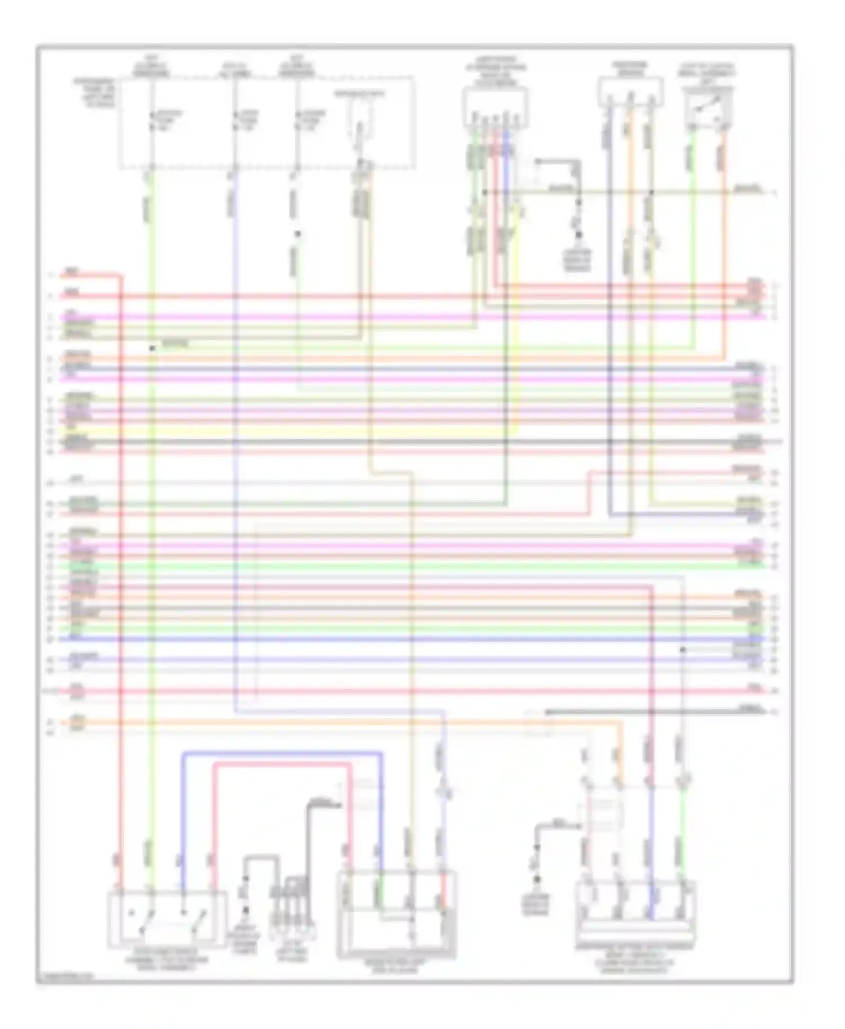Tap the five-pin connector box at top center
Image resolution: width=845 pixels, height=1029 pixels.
[x=495, y=106]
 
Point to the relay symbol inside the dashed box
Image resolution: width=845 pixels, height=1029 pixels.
[x=359, y=121]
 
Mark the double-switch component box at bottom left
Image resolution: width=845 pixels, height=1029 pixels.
[x=167, y=918]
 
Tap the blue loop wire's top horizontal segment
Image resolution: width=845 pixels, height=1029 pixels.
[x=282, y=752]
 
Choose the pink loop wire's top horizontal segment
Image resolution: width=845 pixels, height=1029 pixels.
[x=282, y=764]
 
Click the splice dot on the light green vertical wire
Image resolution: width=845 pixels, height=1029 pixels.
[x=152, y=348]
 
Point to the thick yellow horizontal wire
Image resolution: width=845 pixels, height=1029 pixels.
[x=282, y=431]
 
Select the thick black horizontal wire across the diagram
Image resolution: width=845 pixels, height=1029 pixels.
[x=394, y=441]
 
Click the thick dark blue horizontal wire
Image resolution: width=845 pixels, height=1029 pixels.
[x=394, y=639]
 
